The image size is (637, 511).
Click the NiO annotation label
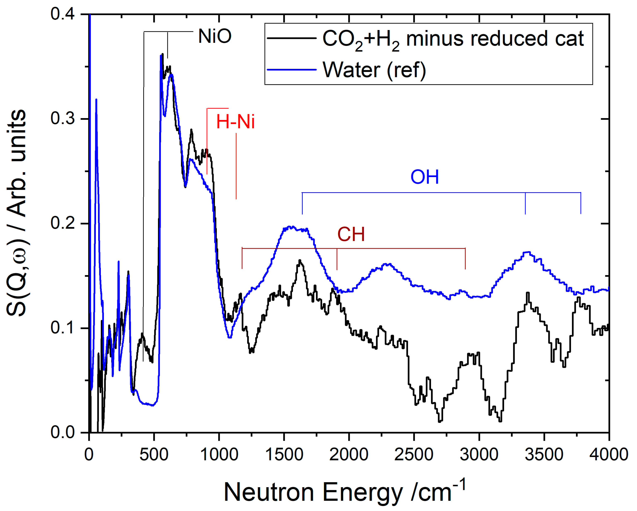[x=215, y=36]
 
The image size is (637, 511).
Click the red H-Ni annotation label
[x=235, y=122]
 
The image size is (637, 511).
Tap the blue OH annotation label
[x=425, y=177]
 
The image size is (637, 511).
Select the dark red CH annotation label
[x=351, y=234]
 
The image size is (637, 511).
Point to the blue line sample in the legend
[x=291, y=70]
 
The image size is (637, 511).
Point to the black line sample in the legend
[x=291, y=38]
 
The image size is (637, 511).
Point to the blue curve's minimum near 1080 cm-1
[x=230, y=337]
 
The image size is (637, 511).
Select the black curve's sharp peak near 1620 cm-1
[x=300, y=261]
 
